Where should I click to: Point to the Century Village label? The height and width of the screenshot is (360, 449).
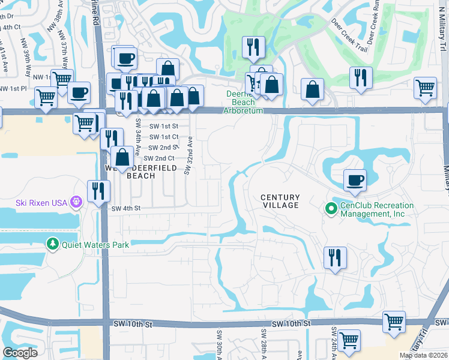(x=279, y=201)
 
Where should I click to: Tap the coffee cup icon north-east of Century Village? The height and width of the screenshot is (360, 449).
(x=354, y=180)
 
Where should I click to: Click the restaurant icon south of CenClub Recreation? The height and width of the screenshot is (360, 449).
(x=335, y=257)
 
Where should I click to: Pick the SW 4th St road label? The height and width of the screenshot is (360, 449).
(x=125, y=208)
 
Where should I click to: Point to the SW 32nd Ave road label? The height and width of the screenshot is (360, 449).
(x=188, y=154)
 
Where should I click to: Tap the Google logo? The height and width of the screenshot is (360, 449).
(x=20, y=353)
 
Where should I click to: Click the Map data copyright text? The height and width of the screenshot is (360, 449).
(x=424, y=355)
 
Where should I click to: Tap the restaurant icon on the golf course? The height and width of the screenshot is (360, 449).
(x=253, y=47)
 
